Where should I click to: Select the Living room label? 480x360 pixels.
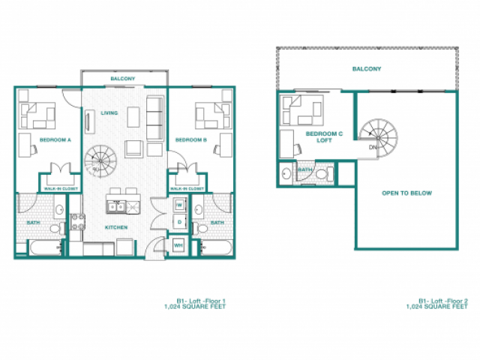pyautogui.click(x=109, y=113)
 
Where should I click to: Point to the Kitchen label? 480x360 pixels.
pyautogui.click(x=115, y=227)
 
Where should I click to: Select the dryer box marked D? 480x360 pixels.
pyautogui.click(x=179, y=222)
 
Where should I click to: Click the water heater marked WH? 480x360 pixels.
pyautogui.click(x=178, y=245)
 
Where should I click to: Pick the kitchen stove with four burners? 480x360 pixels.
pyautogui.click(x=76, y=222)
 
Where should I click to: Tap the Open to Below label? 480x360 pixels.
pyautogui.click(x=406, y=193)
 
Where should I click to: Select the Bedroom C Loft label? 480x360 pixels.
pyautogui.click(x=325, y=136)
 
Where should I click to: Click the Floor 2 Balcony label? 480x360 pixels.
pyautogui.click(x=367, y=69)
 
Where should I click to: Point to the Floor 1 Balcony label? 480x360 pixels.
pyautogui.click(x=122, y=79)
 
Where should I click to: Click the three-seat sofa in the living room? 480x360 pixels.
pyautogui.click(x=155, y=118)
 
